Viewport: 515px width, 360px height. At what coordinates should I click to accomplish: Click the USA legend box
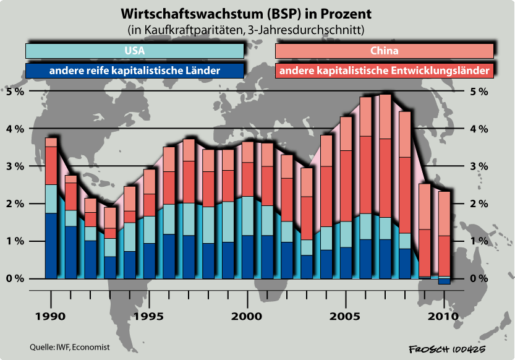pos(134,51)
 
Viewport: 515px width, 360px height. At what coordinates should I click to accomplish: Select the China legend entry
pos(384,51)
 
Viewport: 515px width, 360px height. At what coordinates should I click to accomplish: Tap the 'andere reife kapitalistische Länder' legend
pos(134,71)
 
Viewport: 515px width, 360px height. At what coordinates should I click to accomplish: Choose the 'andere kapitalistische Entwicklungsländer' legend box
pos(384,71)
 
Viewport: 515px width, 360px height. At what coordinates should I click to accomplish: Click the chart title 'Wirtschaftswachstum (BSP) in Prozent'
pos(245,14)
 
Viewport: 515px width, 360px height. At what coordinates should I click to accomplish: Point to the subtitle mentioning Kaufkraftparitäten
pos(245,29)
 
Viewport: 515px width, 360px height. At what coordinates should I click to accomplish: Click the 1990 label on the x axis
pos(51,315)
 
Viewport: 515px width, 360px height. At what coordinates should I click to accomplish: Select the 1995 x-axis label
pos(149,315)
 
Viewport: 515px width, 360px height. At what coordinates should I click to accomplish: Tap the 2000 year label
pos(247,315)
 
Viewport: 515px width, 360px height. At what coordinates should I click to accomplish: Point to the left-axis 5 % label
pos(15,92)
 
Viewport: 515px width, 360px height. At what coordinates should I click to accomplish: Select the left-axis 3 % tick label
pos(15,166)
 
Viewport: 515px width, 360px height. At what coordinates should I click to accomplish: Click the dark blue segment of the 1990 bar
pos(51,246)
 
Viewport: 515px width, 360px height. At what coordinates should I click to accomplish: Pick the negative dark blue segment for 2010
pos(444,281)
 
